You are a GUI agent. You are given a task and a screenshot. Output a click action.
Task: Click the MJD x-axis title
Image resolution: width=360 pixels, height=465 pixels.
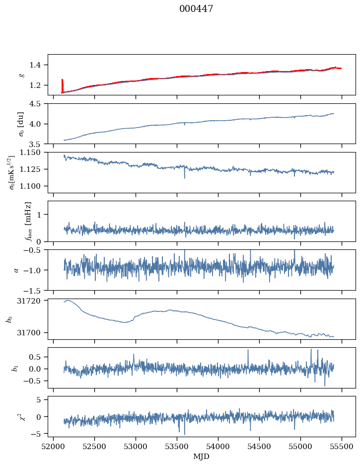(201, 457)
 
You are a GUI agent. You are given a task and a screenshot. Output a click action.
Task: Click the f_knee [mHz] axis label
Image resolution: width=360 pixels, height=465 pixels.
(28, 221)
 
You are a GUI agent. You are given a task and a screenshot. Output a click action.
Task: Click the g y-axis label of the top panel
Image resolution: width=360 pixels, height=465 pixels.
(21, 75)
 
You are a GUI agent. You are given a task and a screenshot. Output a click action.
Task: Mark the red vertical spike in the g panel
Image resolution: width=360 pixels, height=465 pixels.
(62, 85)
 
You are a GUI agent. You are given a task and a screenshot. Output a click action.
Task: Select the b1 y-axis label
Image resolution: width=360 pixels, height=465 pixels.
(15, 368)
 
